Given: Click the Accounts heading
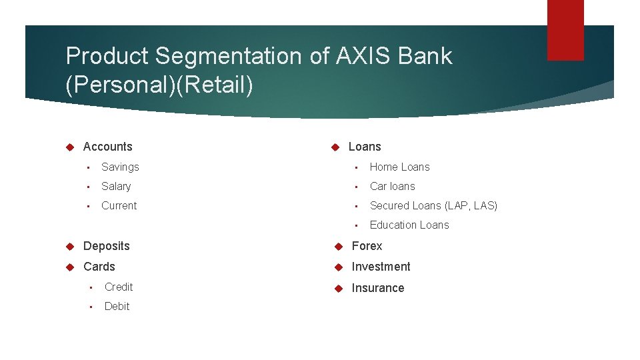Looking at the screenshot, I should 107,147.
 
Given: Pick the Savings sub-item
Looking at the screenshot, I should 120,167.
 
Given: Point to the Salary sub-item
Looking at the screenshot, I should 116,186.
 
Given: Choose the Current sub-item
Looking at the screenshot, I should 119,205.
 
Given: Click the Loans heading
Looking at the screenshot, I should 365,147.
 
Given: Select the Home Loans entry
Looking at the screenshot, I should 399,167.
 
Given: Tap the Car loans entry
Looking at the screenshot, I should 392,186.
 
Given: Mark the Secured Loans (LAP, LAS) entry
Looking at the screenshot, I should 433,205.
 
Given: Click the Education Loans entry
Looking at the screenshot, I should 409,225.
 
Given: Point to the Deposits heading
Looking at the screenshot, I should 106,246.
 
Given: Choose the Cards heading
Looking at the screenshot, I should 99,267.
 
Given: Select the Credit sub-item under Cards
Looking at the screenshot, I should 119,287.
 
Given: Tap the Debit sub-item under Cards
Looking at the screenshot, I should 117,306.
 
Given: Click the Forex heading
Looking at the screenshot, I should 367,246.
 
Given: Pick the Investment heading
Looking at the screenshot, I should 381,267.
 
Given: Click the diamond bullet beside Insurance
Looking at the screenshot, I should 338,288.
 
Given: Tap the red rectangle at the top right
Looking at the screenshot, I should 565,30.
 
